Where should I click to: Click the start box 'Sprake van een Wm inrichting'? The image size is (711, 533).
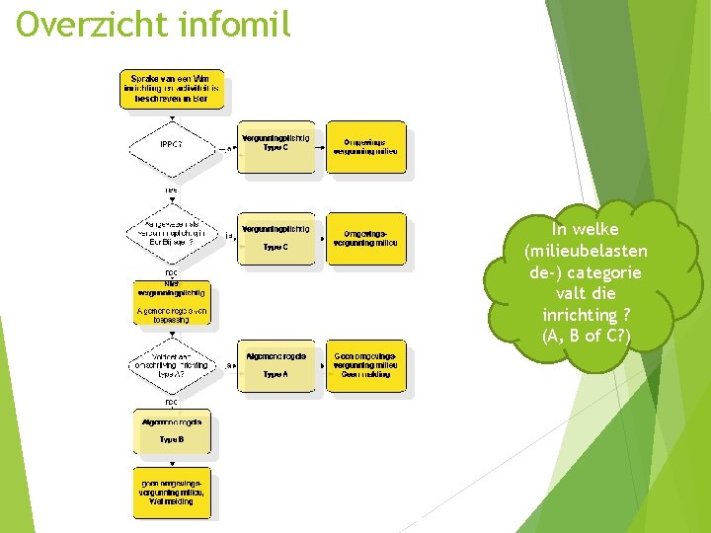172,88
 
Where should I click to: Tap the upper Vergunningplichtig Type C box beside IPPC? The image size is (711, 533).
276,146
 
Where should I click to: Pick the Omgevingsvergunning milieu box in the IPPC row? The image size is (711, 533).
365,146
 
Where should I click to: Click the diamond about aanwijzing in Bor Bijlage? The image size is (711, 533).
171,235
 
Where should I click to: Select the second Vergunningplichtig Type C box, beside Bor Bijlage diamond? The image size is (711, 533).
276,238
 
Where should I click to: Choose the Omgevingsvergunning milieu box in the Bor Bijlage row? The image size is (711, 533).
365,238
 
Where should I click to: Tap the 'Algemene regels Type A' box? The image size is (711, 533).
276,364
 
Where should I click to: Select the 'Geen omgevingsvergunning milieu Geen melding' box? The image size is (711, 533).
365,364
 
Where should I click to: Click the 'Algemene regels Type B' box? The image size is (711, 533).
172,430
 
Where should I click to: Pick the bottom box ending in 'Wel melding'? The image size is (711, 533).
172,491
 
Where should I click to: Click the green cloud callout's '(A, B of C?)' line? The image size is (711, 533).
586,337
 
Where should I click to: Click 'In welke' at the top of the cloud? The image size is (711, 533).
586,230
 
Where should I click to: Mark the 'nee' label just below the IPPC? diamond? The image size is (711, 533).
171,189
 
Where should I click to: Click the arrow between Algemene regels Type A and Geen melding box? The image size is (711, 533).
321,364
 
